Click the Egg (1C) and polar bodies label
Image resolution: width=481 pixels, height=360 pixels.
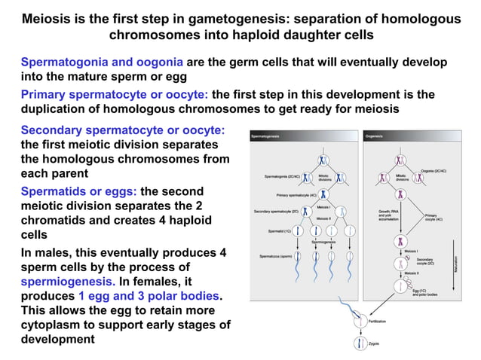point(427,292)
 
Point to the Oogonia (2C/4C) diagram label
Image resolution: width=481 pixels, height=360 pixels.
point(434,172)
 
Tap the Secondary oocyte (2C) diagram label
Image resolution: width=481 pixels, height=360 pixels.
point(425,261)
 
